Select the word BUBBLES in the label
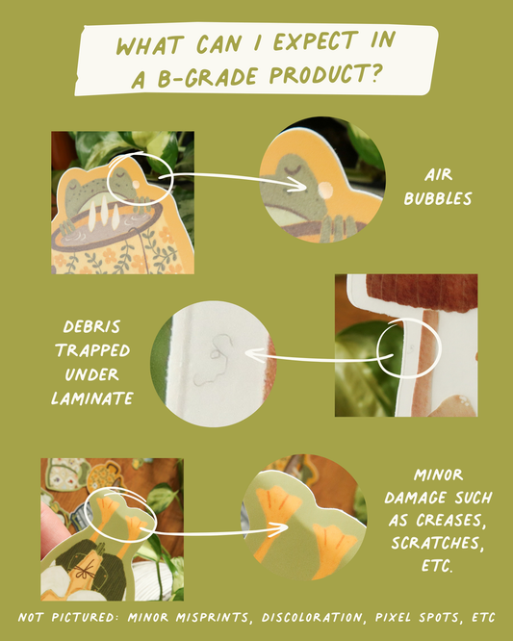click(x=438, y=198)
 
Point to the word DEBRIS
click(x=92, y=326)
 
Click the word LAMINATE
click(x=92, y=398)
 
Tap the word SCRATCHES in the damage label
click(x=438, y=543)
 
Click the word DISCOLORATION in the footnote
click(x=313, y=617)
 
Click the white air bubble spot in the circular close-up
click(x=325, y=189)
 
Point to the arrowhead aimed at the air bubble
click(x=300, y=188)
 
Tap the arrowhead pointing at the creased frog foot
click(x=282, y=529)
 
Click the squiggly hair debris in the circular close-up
click(x=214, y=359)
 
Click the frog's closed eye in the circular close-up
click(x=294, y=168)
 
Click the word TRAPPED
click(x=92, y=350)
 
